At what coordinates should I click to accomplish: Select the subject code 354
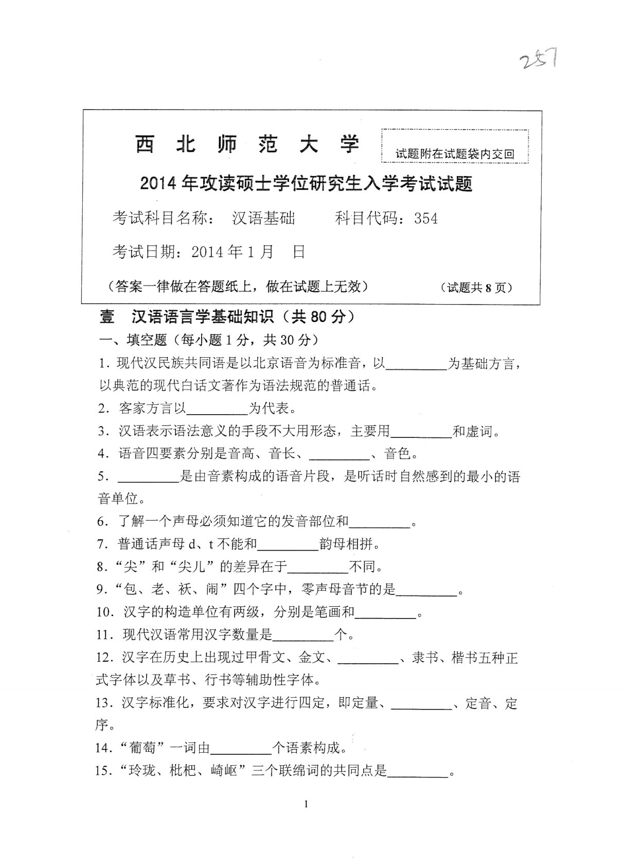[x=426, y=219]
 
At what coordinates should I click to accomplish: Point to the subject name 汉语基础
[x=264, y=219]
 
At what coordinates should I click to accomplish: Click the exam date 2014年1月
[x=232, y=252]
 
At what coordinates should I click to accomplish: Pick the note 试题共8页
[x=477, y=288]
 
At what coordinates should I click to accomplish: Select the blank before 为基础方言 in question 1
[x=416, y=365]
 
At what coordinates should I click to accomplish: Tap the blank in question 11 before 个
[x=303, y=635]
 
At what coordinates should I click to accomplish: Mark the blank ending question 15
[x=418, y=771]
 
